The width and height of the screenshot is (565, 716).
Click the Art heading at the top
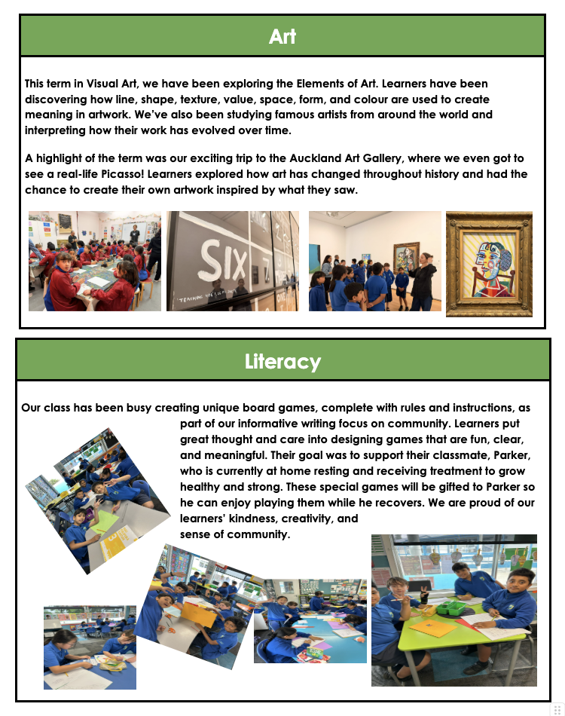click(282, 36)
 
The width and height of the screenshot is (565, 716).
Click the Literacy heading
click(282, 362)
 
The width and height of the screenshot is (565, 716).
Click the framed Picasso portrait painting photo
click(489, 264)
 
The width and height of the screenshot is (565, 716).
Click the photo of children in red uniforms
click(94, 261)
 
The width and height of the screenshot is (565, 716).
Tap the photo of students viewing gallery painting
click(374, 261)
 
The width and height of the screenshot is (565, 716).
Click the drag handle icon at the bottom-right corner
click(558, 709)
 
